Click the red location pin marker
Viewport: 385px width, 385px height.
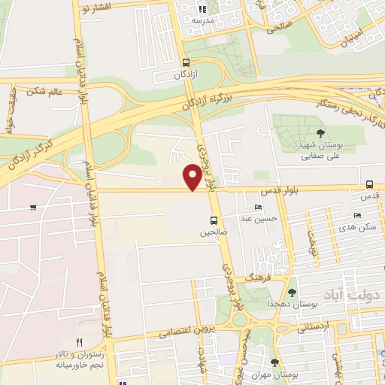click(192, 177)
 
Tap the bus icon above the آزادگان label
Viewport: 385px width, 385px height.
click(186, 63)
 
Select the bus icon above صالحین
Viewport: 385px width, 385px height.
click(214, 220)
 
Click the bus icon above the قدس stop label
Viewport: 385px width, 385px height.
click(368, 184)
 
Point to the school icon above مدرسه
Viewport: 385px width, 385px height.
click(202, 10)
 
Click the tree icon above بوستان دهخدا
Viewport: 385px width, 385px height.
click(293, 293)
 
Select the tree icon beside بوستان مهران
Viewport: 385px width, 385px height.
click(274, 363)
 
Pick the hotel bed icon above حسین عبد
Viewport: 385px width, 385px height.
click(259, 208)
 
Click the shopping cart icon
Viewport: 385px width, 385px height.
click(33, 207)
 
